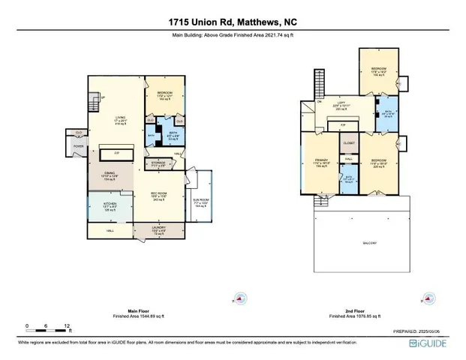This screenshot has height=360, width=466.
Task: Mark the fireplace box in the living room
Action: [x=116, y=153]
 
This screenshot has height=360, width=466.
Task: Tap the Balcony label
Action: [x=368, y=242]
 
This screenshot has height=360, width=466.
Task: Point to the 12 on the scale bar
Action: [x=68, y=325]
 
